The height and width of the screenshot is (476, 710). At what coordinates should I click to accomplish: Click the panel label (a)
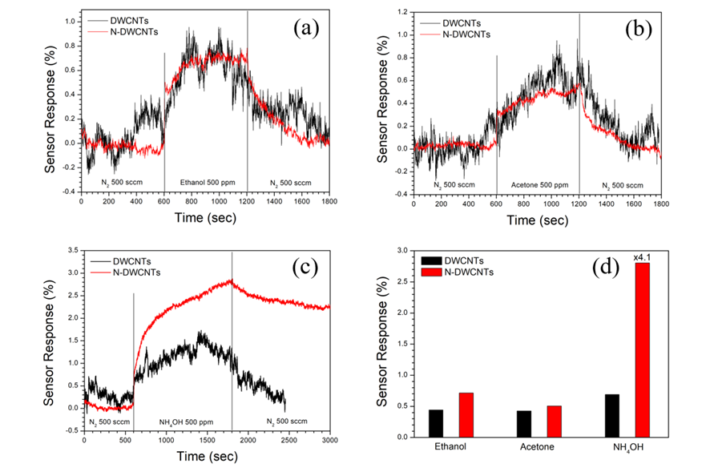[x=306, y=30]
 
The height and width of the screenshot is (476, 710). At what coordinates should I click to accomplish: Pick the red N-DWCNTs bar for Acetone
[x=555, y=422]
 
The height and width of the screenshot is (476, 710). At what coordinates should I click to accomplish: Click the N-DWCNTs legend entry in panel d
[x=465, y=273]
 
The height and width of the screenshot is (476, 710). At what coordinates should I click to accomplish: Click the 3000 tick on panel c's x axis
[x=329, y=440]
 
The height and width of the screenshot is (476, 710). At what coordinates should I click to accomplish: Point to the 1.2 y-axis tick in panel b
[x=401, y=13]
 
